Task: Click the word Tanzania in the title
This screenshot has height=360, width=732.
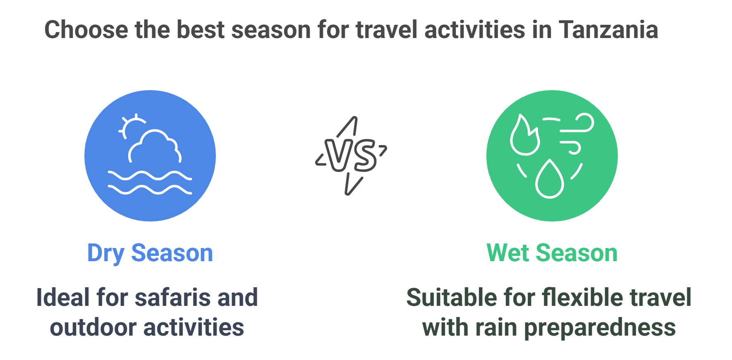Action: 608,30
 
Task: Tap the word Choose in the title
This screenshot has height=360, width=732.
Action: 86,30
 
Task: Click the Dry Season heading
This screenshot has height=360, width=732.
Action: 150,253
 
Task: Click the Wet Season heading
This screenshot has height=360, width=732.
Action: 552,253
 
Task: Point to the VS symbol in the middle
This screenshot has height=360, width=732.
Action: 351,156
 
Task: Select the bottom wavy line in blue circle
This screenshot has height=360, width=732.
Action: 150,189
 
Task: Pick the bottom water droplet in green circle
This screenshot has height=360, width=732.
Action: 550,179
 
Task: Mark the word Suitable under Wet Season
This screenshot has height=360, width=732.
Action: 451,298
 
